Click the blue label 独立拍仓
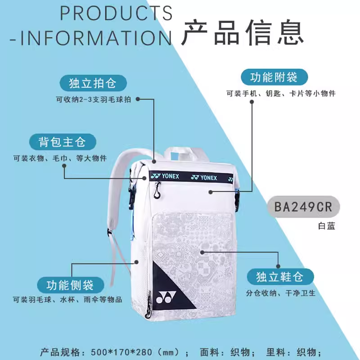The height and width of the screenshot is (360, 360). pyautogui.click(x=92, y=83)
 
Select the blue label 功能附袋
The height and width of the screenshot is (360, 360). pyautogui.click(x=274, y=77)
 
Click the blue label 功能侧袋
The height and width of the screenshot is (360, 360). pyautogui.click(x=70, y=284)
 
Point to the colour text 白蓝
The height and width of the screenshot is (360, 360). pyautogui.click(x=325, y=226)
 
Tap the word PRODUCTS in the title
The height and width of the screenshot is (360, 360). pyautogui.click(x=116, y=13)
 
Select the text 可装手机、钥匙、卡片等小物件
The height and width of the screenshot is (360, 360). pyautogui.click(x=281, y=94)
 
